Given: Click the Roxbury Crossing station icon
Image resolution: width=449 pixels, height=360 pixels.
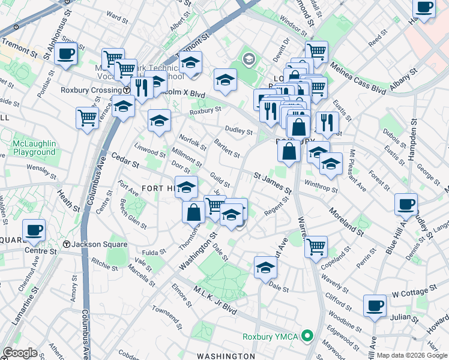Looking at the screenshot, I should [127, 90].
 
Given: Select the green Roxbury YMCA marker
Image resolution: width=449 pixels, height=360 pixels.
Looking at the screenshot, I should [308, 336].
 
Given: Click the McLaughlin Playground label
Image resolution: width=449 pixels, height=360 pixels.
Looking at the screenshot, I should [34, 148].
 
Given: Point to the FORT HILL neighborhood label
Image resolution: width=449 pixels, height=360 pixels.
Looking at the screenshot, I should [158, 188].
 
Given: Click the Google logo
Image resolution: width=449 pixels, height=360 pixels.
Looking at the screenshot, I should [20, 353].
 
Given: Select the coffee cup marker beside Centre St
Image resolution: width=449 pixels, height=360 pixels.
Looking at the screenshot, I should [34, 230].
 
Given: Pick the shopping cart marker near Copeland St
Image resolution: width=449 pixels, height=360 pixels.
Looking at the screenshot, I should [316, 245].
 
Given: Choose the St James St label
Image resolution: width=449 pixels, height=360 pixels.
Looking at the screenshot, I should [273, 183].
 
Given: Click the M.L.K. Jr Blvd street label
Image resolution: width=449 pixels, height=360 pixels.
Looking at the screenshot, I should [214, 299].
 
